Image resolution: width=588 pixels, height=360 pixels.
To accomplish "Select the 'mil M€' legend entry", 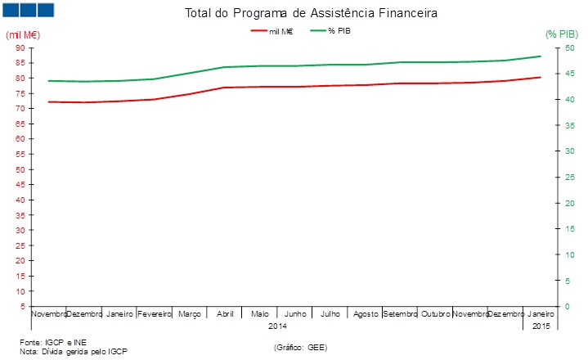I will tap(281, 30).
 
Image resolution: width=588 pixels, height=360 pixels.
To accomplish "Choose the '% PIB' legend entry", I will tap(340, 30).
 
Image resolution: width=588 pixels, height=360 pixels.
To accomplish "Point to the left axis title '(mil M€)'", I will tap(23, 34).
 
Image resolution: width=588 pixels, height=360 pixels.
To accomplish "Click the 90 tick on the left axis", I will tap(19, 47).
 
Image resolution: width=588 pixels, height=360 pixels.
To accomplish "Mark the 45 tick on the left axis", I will tap(19, 185).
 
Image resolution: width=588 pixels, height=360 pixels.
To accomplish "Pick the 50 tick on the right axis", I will tap(559, 47).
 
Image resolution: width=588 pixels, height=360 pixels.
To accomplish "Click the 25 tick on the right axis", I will tap(559, 178).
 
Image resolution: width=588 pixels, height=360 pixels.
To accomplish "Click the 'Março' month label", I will tap(189, 314).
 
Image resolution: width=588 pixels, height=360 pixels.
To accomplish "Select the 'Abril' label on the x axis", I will tap(224, 314).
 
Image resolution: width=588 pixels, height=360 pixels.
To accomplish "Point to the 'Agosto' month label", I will tap(365, 314).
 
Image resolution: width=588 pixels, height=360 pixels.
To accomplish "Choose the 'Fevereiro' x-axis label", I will tap(154, 314).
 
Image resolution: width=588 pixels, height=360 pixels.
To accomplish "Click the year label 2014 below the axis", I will tap(277, 326).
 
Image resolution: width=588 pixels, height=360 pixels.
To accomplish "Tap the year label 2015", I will tap(541, 326).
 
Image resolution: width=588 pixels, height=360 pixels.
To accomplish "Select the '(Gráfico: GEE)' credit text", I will tap(301, 348).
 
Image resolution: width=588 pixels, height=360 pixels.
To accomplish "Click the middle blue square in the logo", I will tap(27, 10).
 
